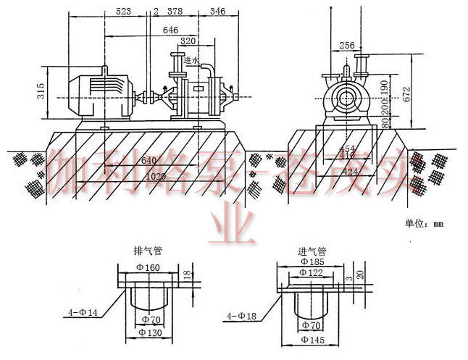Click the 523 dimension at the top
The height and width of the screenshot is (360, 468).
[123, 12]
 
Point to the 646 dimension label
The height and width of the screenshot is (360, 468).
[170, 30]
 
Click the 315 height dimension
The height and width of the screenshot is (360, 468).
[41, 91]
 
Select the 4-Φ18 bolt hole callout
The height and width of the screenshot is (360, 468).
[241, 315]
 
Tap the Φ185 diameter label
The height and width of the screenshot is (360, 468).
[313, 261]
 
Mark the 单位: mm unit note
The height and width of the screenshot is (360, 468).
[425, 224]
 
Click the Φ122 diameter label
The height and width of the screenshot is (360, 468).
[313, 272]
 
